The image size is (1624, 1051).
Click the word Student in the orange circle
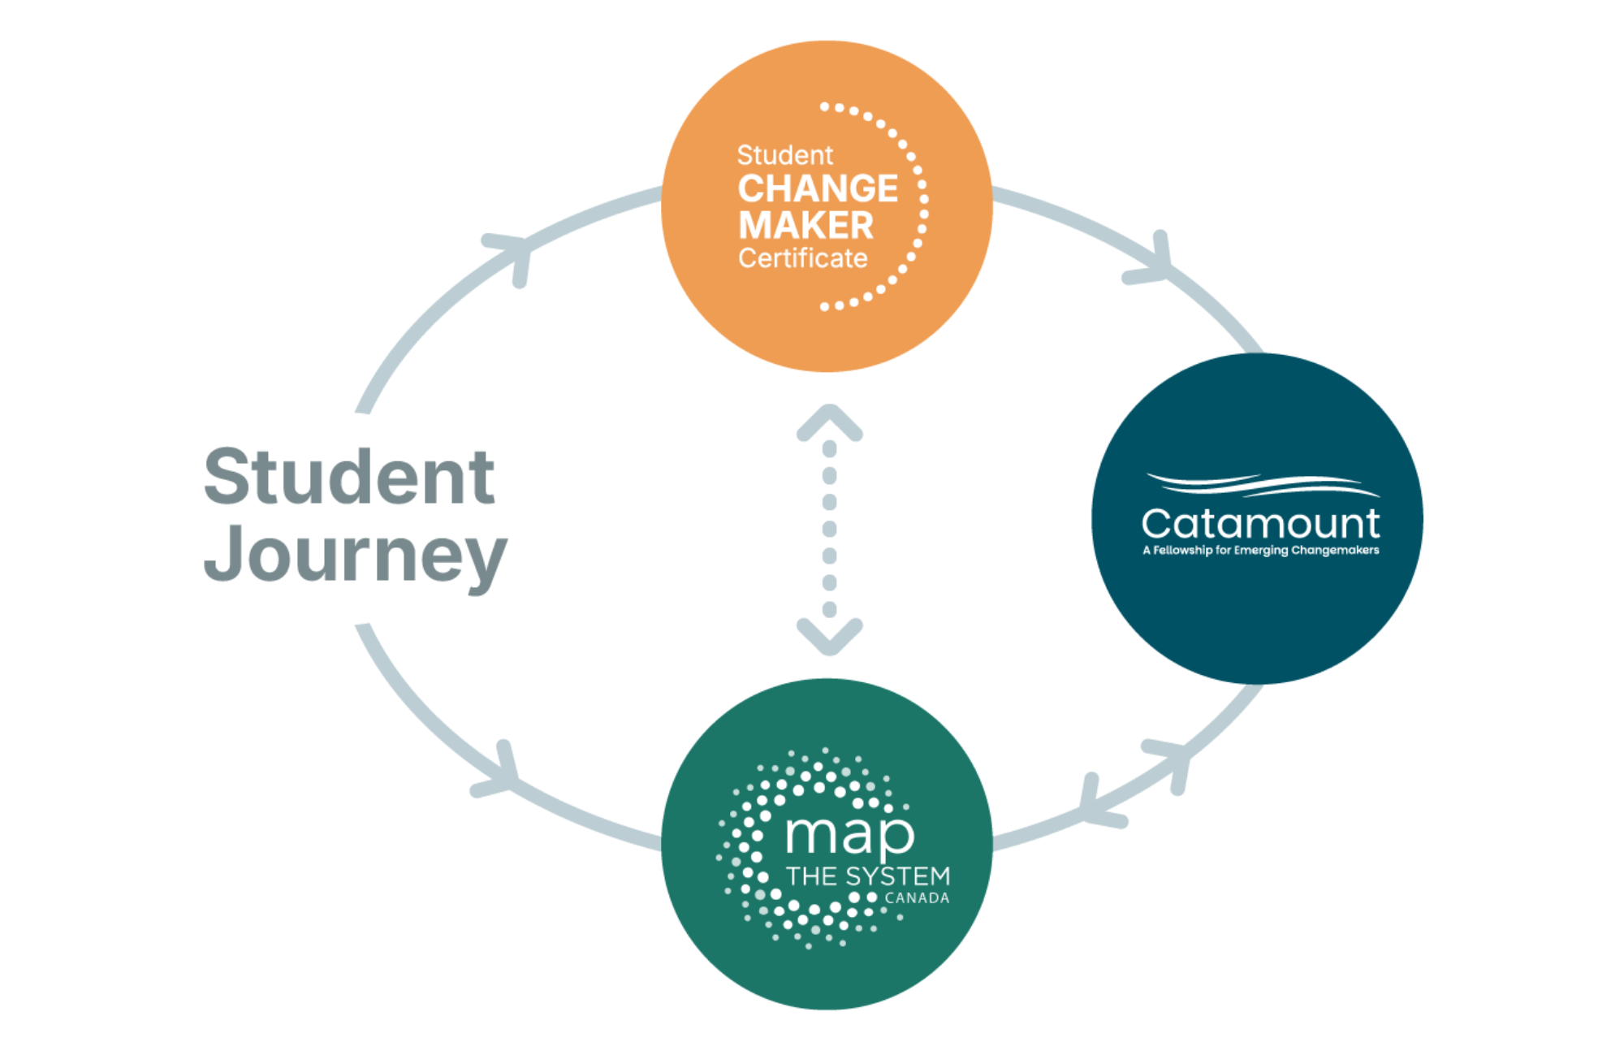tap(784, 154)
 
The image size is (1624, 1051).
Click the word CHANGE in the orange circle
tap(817, 188)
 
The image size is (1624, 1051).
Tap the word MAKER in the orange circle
tap(805, 225)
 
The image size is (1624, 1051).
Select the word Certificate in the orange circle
tap(802, 258)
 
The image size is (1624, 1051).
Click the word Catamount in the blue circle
tap(1259, 523)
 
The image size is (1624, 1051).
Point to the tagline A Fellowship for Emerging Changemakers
tap(1259, 551)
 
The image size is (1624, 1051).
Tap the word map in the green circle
tap(849, 833)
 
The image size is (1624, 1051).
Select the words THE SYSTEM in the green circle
tap(867, 876)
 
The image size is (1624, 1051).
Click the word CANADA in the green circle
tap(917, 898)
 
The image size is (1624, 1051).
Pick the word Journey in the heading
tap(355, 556)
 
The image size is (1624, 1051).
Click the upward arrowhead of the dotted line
tap(829, 422)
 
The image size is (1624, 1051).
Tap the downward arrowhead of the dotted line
tap(829, 638)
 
